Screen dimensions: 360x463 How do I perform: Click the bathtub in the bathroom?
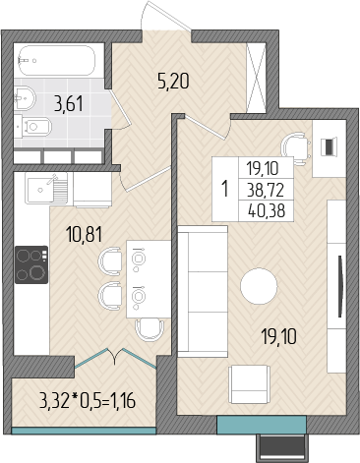(x=56, y=61)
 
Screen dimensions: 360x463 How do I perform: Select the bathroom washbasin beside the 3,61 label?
(x=25, y=97)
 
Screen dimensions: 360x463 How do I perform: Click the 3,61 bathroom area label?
(x=69, y=104)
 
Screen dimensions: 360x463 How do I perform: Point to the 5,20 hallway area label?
(x=173, y=82)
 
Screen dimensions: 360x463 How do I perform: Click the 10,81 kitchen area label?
(x=85, y=235)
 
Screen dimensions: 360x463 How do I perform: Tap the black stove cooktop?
(x=31, y=264)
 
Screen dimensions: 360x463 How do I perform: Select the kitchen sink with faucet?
(x=46, y=189)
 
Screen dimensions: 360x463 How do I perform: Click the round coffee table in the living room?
(x=259, y=286)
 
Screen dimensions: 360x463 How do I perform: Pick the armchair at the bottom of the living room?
(x=250, y=384)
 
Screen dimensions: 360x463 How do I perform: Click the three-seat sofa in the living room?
(x=203, y=291)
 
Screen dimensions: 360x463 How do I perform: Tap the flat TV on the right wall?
(x=340, y=287)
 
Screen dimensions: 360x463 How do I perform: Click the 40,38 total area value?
(x=267, y=211)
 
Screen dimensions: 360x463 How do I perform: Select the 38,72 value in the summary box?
(x=266, y=191)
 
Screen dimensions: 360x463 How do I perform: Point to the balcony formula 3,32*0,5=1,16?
(x=88, y=401)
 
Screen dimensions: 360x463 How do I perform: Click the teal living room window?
(x=262, y=425)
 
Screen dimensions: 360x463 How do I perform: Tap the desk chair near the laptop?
(x=295, y=147)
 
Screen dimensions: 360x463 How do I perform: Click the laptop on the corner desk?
(x=329, y=146)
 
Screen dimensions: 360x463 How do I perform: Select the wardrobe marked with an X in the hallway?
(x=256, y=78)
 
